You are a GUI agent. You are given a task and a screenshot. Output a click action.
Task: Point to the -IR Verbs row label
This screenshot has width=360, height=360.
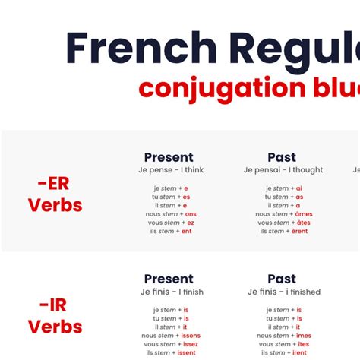click(x=55, y=316)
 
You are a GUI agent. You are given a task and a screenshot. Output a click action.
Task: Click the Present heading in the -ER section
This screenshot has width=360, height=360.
click(x=169, y=157)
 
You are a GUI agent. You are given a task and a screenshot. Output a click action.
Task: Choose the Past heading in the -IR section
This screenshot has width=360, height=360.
click(x=282, y=279)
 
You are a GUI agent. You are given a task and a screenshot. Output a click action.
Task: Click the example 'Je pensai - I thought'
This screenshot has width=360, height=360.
click(x=283, y=170)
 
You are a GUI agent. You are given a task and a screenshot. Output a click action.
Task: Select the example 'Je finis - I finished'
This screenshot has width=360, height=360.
click(x=284, y=292)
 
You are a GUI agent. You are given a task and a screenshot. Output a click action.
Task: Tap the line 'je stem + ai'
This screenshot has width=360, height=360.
click(x=283, y=188)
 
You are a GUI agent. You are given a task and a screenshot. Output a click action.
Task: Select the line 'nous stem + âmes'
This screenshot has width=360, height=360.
click(x=283, y=214)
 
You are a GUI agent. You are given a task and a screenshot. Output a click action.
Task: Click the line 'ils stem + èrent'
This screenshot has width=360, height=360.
click(x=283, y=231)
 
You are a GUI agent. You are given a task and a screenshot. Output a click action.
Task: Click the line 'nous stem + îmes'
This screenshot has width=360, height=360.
click(x=283, y=336)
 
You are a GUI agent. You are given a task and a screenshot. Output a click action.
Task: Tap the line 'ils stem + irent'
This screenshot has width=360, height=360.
click(x=283, y=352)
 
